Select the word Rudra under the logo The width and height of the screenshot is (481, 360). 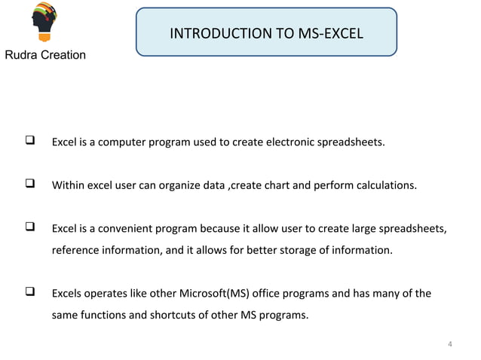[x=22, y=56]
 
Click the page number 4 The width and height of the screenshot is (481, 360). [x=450, y=346]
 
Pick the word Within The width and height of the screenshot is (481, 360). [x=68, y=183]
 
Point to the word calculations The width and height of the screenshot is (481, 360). [x=384, y=183]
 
